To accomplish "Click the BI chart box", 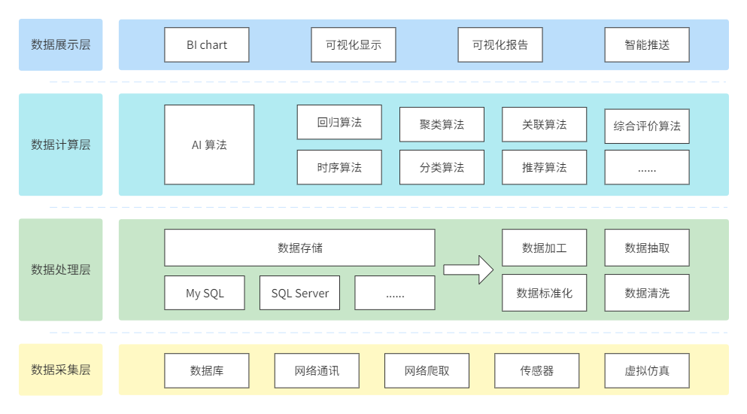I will point(207,44).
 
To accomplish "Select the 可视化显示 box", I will point(354,44).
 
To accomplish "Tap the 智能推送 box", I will point(647,44).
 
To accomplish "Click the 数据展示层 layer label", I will point(61,44).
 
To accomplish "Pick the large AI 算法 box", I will point(209,145).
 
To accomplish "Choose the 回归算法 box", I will point(339,123).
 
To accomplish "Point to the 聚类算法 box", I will point(442,124).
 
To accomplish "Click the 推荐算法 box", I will point(544,167).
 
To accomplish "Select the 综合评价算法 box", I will point(647,126).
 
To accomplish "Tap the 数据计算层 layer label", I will point(61,145).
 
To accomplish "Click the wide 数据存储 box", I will point(299,248).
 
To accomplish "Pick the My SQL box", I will point(205,293).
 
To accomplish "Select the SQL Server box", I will point(299,293).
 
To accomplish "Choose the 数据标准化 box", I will point(544,293).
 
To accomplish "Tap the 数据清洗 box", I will point(647,293).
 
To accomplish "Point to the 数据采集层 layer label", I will point(61,370).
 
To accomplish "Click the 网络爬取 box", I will point(427,370).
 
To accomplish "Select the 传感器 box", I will point(536,370).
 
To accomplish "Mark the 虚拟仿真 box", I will point(647,370).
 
